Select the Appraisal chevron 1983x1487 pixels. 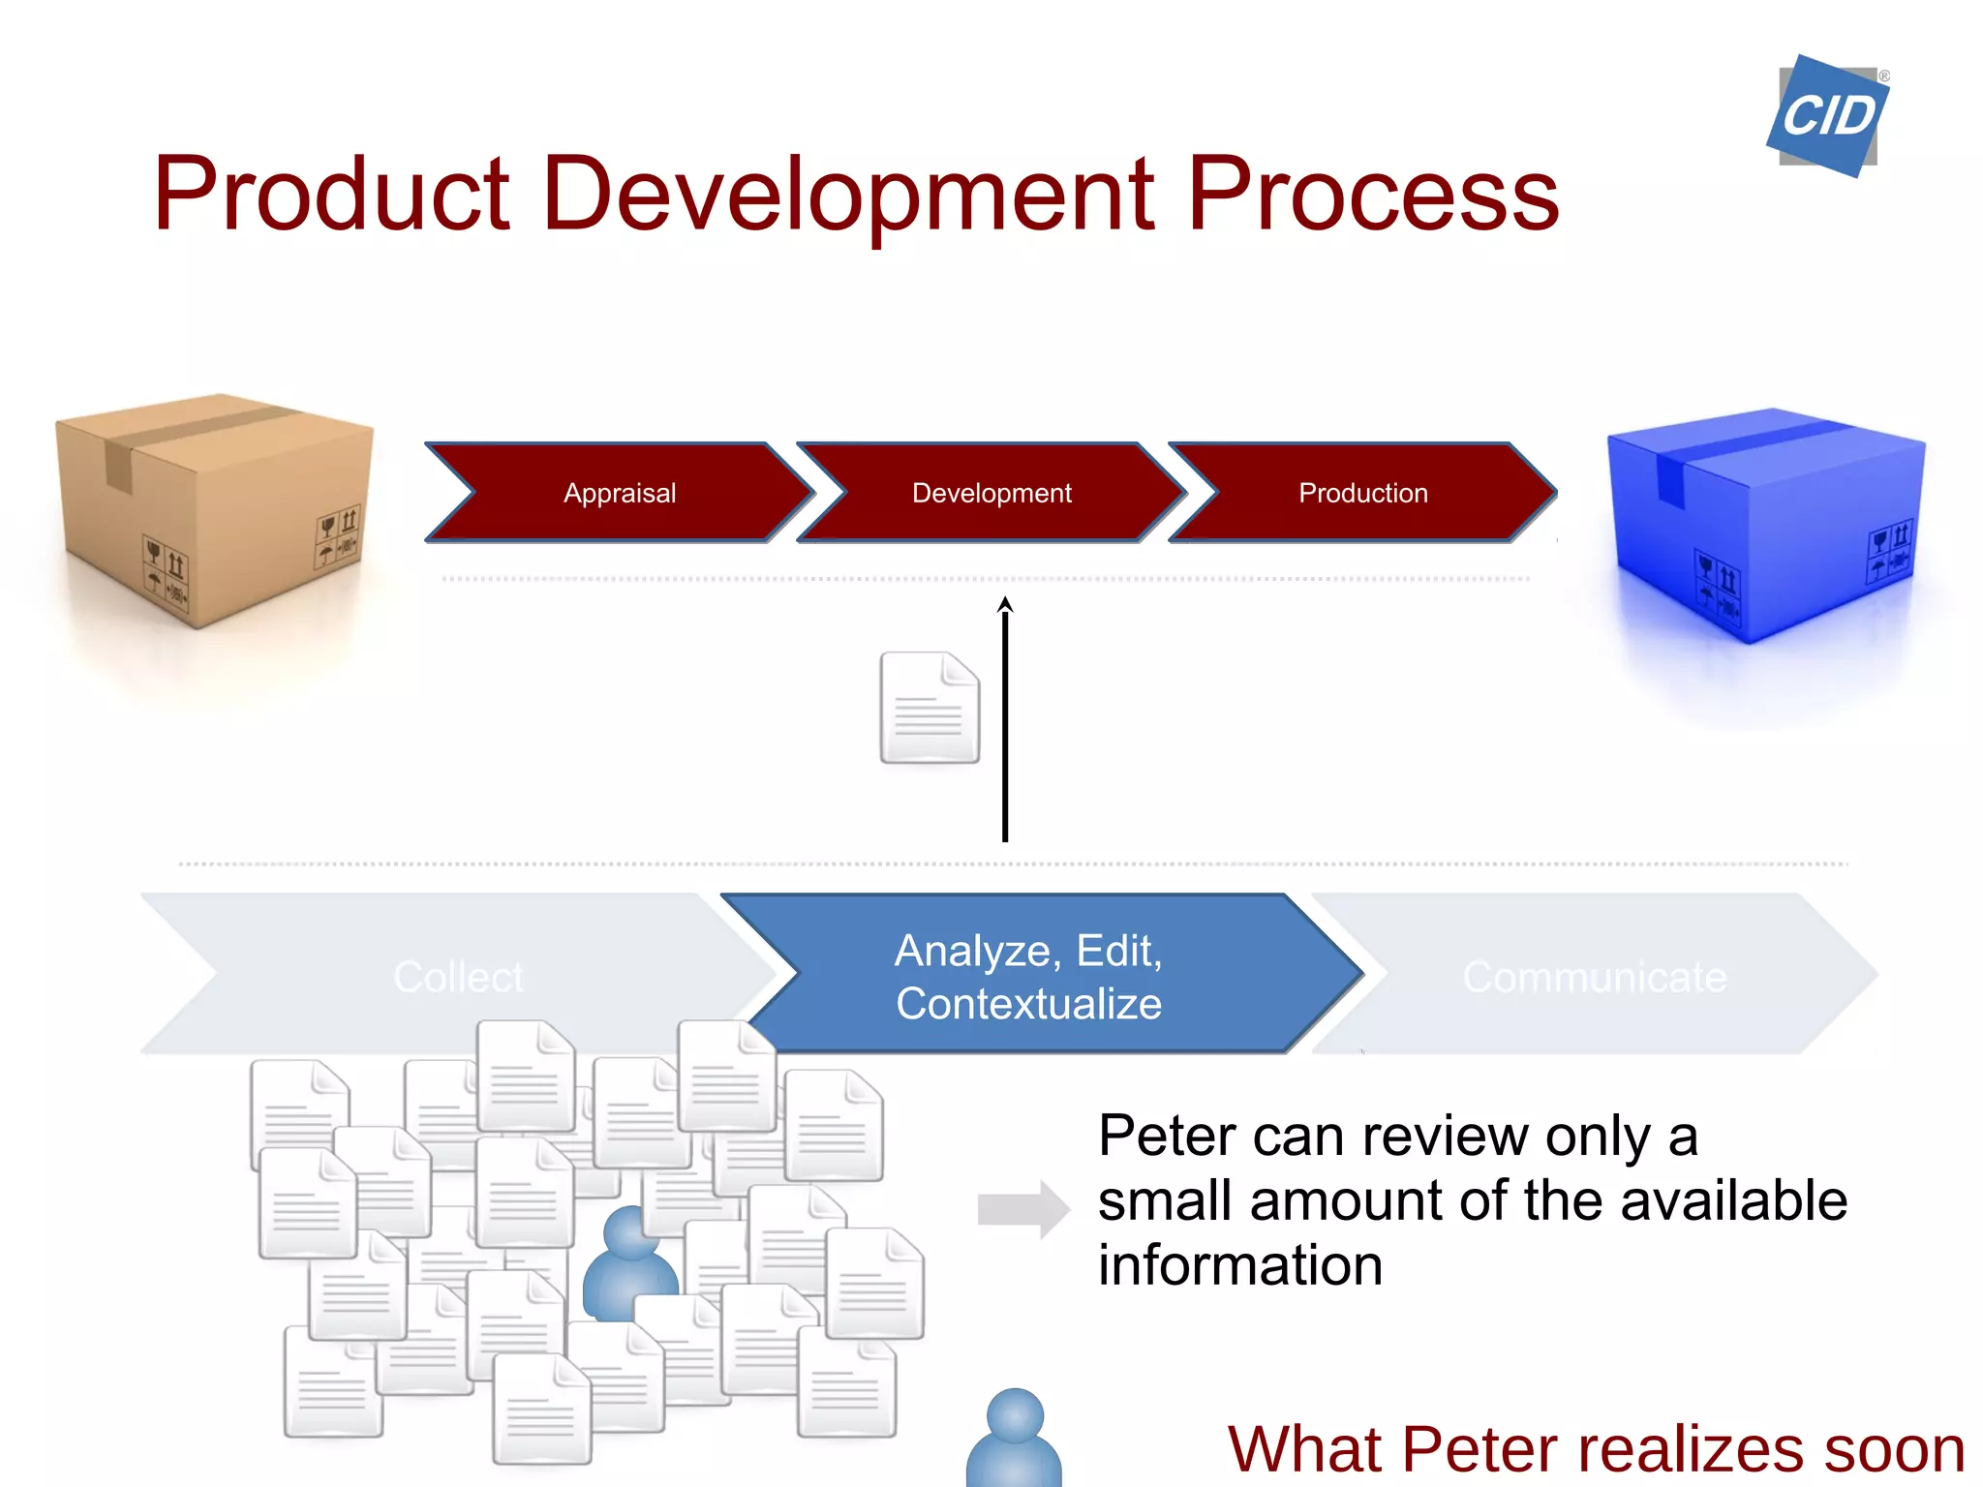(x=620, y=493)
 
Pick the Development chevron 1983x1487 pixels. (x=991, y=493)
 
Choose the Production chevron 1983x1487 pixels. (x=1362, y=493)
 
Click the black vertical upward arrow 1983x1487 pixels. (x=1005, y=721)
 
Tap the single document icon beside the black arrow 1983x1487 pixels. (x=930, y=708)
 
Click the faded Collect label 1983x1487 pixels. (x=458, y=976)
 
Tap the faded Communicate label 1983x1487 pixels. (x=1594, y=976)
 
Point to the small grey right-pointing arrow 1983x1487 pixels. (x=1022, y=1209)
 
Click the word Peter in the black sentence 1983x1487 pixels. (x=1167, y=1136)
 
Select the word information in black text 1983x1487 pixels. (x=1239, y=1265)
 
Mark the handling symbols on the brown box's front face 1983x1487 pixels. (x=167, y=575)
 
